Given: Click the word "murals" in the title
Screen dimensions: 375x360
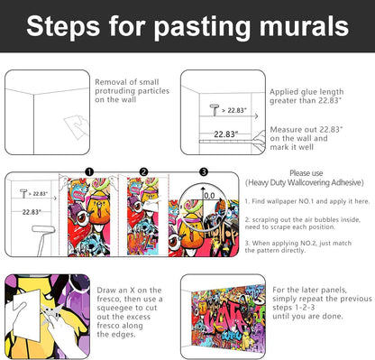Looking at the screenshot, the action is pyautogui.click(x=304, y=26).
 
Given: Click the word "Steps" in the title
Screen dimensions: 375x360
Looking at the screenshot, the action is pyautogui.click(x=63, y=27).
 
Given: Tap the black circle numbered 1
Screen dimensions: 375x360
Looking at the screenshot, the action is pyautogui.click(x=89, y=172).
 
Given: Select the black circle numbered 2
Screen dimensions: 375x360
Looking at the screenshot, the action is pyautogui.click(x=144, y=172).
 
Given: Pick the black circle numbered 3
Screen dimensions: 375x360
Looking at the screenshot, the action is pyautogui.click(x=204, y=172).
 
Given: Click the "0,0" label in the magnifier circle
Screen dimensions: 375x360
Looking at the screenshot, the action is pyautogui.click(x=209, y=196).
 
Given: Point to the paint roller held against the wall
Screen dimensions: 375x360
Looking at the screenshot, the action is pyautogui.click(x=42, y=237).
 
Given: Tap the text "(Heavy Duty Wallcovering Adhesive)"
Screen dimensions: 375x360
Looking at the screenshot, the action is pyautogui.click(x=305, y=182).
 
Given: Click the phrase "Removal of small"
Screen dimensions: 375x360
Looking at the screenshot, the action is pyautogui.click(x=127, y=82).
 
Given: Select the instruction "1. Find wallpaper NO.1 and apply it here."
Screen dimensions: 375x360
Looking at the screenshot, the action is pyautogui.click(x=307, y=201).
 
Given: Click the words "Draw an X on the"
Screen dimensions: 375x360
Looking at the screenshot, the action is pyautogui.click(x=129, y=291).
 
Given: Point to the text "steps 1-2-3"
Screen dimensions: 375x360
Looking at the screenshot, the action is pyautogui.click(x=294, y=308).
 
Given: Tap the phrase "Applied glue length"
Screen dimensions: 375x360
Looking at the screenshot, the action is pyautogui.click(x=306, y=92).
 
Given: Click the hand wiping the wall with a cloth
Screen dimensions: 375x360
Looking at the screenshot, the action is pyautogui.click(x=77, y=127).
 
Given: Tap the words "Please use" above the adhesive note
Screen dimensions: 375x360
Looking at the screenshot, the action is pyautogui.click(x=306, y=173).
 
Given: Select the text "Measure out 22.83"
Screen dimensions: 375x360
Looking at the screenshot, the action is pyautogui.click(x=306, y=130).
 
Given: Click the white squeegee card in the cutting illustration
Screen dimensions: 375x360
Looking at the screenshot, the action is pyautogui.click(x=27, y=314).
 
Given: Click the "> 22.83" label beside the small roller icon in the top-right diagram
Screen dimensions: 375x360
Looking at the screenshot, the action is pyautogui.click(x=234, y=110).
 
